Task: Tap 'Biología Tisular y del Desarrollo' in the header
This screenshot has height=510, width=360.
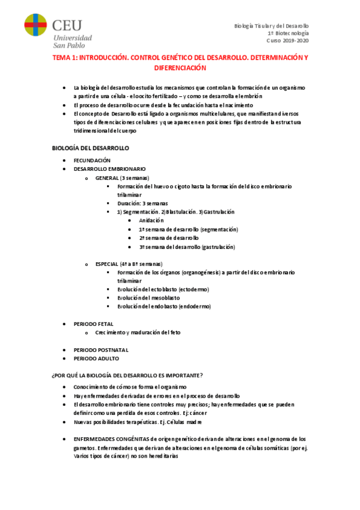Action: tap(271, 26)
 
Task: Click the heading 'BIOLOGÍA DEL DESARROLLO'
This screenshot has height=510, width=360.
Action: tap(91, 148)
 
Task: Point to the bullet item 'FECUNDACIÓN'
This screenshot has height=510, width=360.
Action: tap(92, 161)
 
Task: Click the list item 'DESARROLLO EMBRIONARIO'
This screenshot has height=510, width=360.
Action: tap(109, 170)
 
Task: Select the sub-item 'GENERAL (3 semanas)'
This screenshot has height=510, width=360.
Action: tap(123, 178)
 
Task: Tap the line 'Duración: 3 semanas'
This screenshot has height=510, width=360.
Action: tap(143, 204)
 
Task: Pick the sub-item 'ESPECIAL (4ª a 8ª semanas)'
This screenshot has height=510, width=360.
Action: tap(129, 264)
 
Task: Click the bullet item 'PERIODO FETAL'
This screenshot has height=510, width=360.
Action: tap(93, 324)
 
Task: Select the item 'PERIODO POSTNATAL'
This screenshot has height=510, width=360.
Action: tap(101, 349)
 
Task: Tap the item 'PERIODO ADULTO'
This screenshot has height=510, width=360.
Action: tap(96, 358)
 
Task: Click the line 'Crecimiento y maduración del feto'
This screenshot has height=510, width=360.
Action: tap(138, 332)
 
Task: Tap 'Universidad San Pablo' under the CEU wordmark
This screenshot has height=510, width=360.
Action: tap(73, 41)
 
